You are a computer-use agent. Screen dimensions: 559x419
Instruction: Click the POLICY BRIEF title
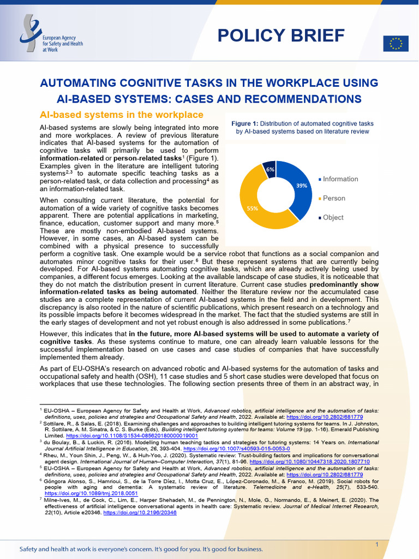(281, 35)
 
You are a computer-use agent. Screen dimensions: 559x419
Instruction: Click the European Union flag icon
(396, 44)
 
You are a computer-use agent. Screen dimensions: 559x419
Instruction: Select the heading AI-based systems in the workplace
(122, 115)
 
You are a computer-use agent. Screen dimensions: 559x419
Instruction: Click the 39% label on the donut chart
(301, 186)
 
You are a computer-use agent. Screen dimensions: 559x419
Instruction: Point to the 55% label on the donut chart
(253, 208)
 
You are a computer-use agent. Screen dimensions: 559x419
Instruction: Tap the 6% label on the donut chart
(270, 169)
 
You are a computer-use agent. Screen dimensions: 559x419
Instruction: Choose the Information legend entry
(340, 179)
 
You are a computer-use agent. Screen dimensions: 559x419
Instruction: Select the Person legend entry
(333, 198)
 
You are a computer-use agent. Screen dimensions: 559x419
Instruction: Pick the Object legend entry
(333, 217)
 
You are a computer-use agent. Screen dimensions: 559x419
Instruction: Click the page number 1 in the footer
(377, 530)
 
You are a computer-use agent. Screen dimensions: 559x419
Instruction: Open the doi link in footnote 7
(140, 513)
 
